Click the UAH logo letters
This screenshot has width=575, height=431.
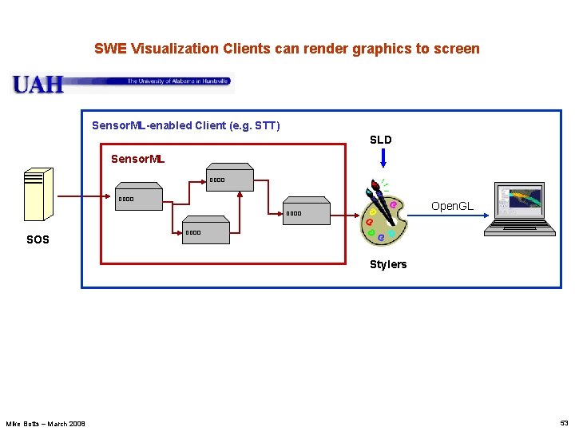click(38, 84)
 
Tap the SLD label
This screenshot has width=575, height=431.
click(381, 140)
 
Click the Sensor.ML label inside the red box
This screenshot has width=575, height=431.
click(137, 159)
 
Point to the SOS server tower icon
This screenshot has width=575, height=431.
click(38, 194)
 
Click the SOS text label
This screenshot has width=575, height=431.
click(38, 239)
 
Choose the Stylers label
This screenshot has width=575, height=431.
click(388, 264)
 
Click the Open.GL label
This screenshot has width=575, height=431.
click(452, 206)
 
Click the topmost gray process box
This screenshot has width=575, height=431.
click(230, 177)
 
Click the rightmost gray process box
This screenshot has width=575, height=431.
click(307, 211)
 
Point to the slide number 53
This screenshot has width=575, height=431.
click(564, 423)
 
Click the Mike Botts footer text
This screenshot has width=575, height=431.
click(46, 423)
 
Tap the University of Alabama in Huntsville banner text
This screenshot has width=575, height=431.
click(178, 81)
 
